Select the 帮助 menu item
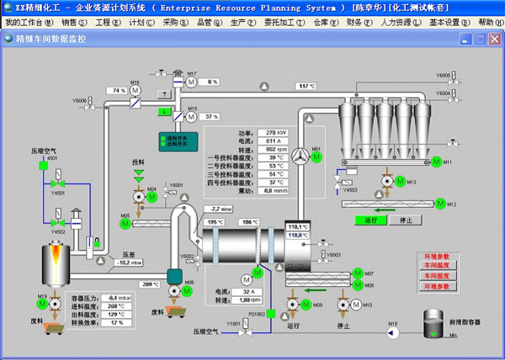pos(487,22)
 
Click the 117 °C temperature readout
pos(306,86)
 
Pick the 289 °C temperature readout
pos(150,284)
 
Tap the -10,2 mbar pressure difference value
pos(125,262)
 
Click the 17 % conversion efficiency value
pos(116,322)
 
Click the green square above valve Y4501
pos(43,166)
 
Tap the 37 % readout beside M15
pos(211,116)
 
